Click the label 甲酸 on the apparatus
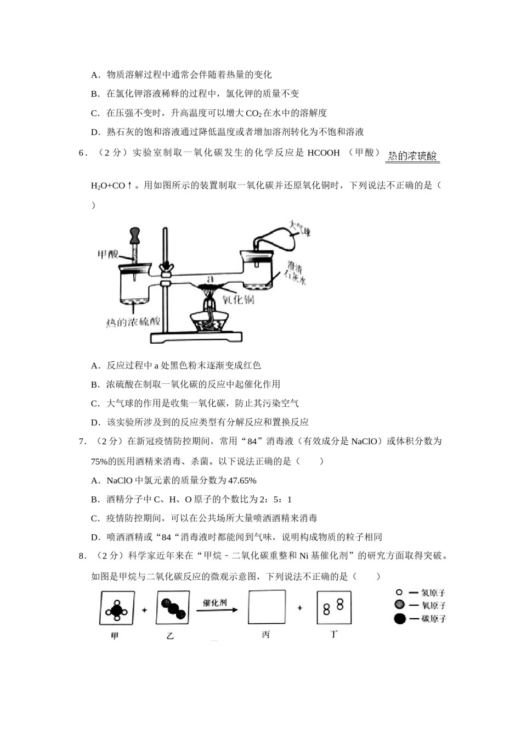click(x=107, y=254)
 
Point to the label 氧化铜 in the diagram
click(x=238, y=300)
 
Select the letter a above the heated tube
click(x=209, y=278)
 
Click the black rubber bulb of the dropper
click(x=135, y=234)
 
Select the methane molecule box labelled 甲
click(x=117, y=608)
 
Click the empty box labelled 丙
click(x=267, y=607)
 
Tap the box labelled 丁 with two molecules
click(x=333, y=607)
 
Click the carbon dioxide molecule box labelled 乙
click(x=173, y=608)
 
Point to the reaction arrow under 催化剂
click(x=217, y=610)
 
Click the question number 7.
click(x=82, y=441)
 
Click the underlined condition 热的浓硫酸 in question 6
click(x=412, y=156)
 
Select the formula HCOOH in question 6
click(x=324, y=153)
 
